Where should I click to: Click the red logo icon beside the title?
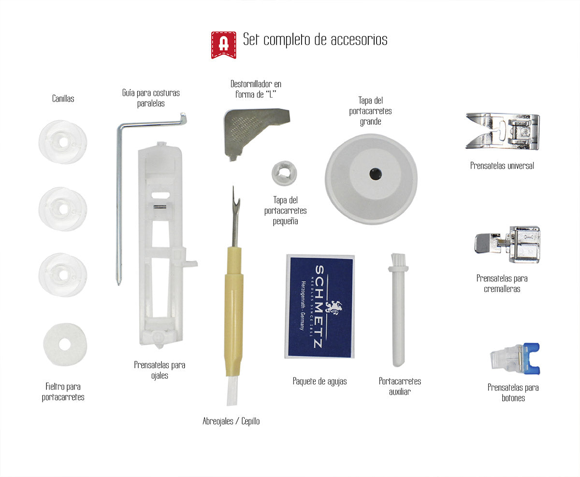point(223,45)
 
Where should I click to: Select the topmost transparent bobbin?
point(62,142)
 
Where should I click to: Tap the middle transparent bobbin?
point(62,209)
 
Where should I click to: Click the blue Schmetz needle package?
point(319,306)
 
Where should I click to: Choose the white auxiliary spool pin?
point(398,314)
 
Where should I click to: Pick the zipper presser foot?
point(507,244)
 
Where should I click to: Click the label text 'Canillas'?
point(63,99)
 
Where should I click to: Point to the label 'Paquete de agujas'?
point(319,381)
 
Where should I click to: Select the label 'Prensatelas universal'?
point(502,165)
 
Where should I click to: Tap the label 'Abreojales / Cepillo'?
point(231,421)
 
